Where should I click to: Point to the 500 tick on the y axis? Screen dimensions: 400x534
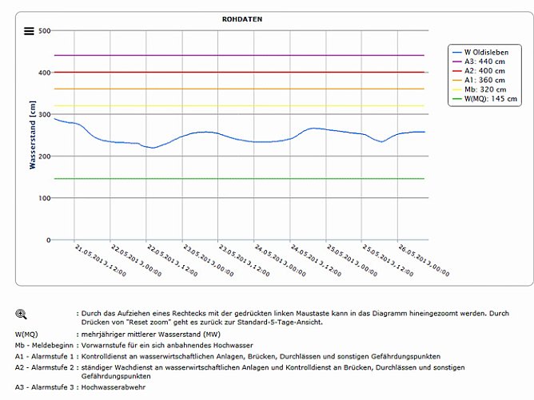point(44,31)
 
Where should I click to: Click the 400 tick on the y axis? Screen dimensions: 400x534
point(44,73)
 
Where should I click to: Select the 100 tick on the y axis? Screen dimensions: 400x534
point(44,198)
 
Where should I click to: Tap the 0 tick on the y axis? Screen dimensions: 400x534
point(48,240)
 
